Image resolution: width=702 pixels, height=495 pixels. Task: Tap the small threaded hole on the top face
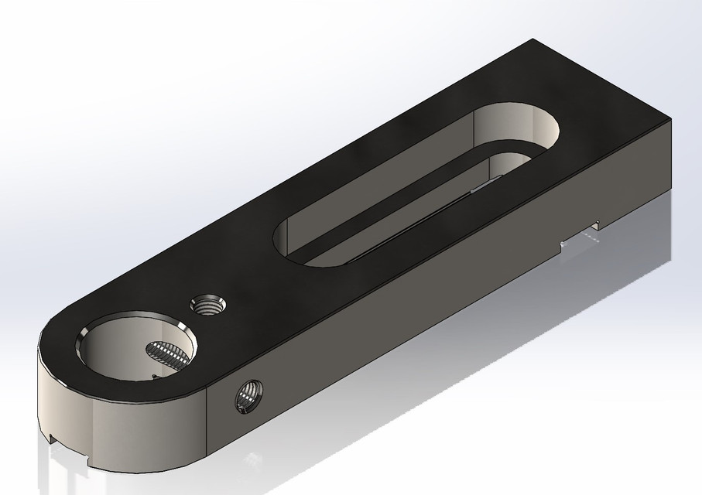point(207,304)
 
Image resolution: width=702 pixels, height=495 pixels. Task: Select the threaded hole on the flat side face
point(249,397)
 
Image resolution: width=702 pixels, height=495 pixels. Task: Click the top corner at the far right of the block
point(670,121)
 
